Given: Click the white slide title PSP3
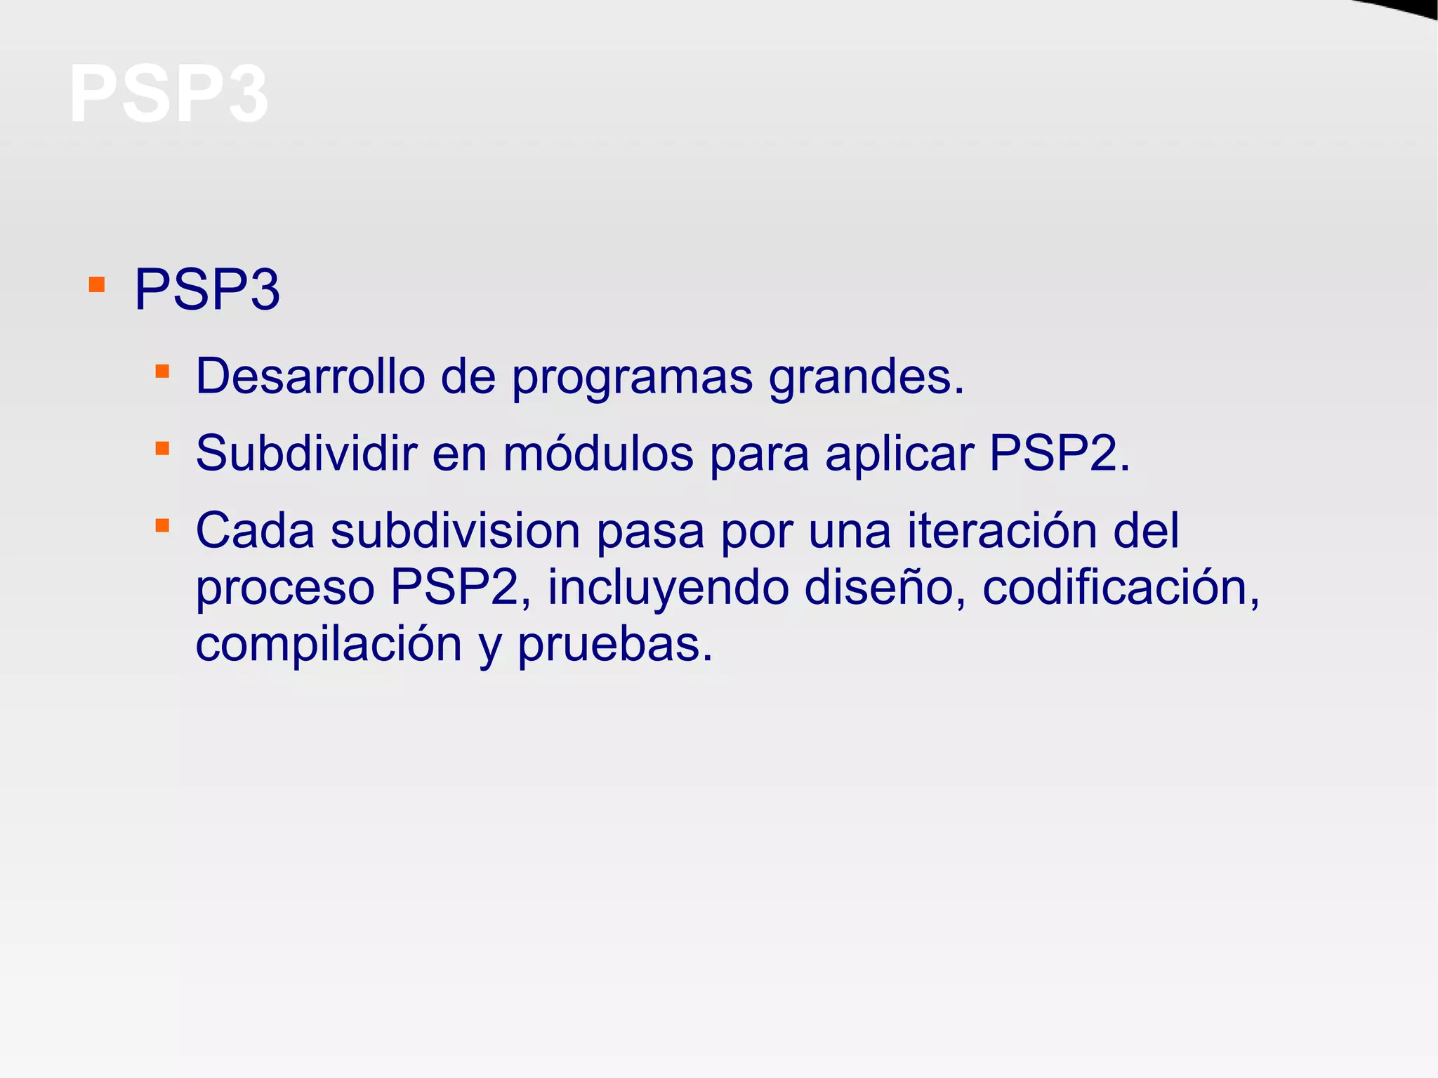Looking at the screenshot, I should click(x=169, y=94).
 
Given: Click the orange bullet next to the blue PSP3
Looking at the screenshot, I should click(x=97, y=285).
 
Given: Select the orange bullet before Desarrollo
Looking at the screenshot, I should click(x=162, y=371).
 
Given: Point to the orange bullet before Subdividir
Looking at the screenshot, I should click(x=162, y=448).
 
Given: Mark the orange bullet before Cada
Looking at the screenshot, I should click(x=162, y=525).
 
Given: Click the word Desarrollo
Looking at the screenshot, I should click(x=310, y=376).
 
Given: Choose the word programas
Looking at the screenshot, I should click(x=632, y=378).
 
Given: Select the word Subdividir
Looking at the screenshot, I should click(x=305, y=453).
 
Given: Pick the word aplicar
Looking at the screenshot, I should click(x=899, y=454).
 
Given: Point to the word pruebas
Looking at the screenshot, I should click(x=614, y=645).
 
